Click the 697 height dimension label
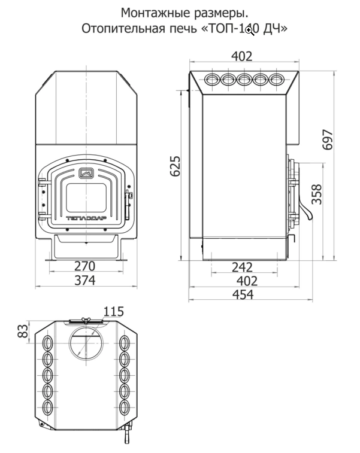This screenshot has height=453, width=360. pyautogui.click(x=328, y=140)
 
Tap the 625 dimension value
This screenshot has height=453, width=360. pyautogui.click(x=176, y=166)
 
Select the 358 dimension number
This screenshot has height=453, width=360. pyautogui.click(x=316, y=194)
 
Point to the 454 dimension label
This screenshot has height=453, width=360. pyautogui.click(x=243, y=294)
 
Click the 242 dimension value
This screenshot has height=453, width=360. pyautogui.click(x=243, y=267)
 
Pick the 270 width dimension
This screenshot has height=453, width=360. pyautogui.click(x=84, y=266)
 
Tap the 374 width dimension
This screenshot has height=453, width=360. pyautogui.click(x=84, y=280)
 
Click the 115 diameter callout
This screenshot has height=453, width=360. pyautogui.click(x=114, y=311)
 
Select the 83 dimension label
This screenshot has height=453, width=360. pyautogui.click(x=23, y=331)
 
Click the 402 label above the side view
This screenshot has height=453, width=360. pyautogui.click(x=242, y=56)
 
